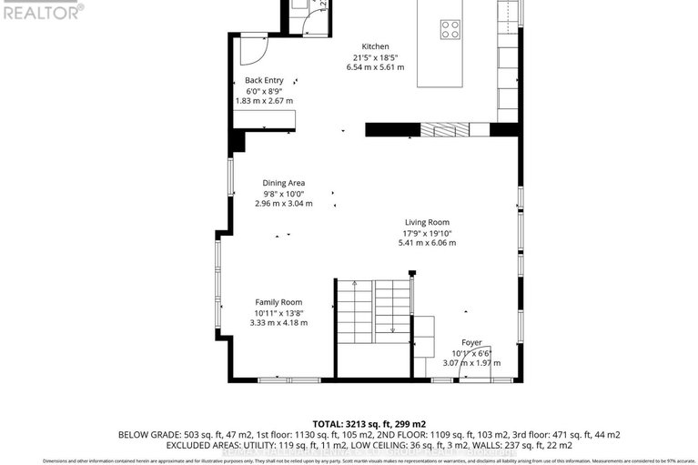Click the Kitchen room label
[375, 46]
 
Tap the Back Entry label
[265, 80]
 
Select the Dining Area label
[283, 183]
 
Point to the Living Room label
[427, 222]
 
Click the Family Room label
[278, 302]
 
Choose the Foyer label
[470, 342]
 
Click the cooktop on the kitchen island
[450, 29]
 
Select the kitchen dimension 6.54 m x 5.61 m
[375, 67]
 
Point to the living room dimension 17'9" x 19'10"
[427, 233]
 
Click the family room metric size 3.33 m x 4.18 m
[279, 323]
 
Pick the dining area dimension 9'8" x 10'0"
[283, 194]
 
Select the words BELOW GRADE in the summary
[147, 436]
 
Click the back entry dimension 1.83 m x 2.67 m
[265, 101]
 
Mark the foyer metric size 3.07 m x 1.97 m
[470, 363]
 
